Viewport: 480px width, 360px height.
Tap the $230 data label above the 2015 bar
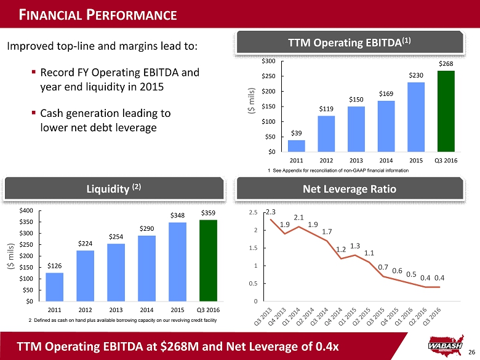[416, 75]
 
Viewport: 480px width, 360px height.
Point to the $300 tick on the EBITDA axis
[268, 62]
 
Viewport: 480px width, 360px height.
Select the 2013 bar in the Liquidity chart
[116, 272]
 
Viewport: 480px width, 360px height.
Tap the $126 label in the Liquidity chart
[55, 266]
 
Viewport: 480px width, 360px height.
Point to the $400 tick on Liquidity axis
[26, 211]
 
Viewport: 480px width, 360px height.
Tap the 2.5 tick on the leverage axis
[254, 212]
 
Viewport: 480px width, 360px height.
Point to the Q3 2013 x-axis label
[262, 314]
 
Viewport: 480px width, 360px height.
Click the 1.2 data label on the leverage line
[341, 250]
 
